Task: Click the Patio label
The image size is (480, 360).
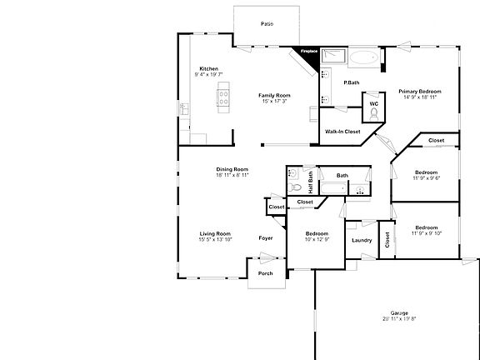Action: pos(267,24)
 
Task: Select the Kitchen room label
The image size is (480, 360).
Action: pos(208,68)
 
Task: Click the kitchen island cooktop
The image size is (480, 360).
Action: pos(223,101)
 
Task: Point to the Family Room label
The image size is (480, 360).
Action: pos(274,95)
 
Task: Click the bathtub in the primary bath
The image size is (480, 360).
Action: pos(363,59)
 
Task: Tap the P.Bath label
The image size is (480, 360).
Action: pos(352,82)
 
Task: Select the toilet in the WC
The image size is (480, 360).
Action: pos(374,112)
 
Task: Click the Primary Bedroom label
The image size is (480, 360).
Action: pos(418,91)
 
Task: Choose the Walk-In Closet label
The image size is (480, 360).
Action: pos(342,132)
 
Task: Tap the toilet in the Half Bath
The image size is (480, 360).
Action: pos(293,177)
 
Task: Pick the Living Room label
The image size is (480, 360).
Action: pos(215,233)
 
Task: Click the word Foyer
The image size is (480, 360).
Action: pos(266,239)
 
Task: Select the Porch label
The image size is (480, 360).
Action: pos(265,273)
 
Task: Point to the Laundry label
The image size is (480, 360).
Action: pos(362,241)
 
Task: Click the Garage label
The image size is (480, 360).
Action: pos(399,312)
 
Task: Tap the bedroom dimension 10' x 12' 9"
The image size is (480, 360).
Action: pos(317,240)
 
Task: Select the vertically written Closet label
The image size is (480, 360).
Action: pos(387,239)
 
